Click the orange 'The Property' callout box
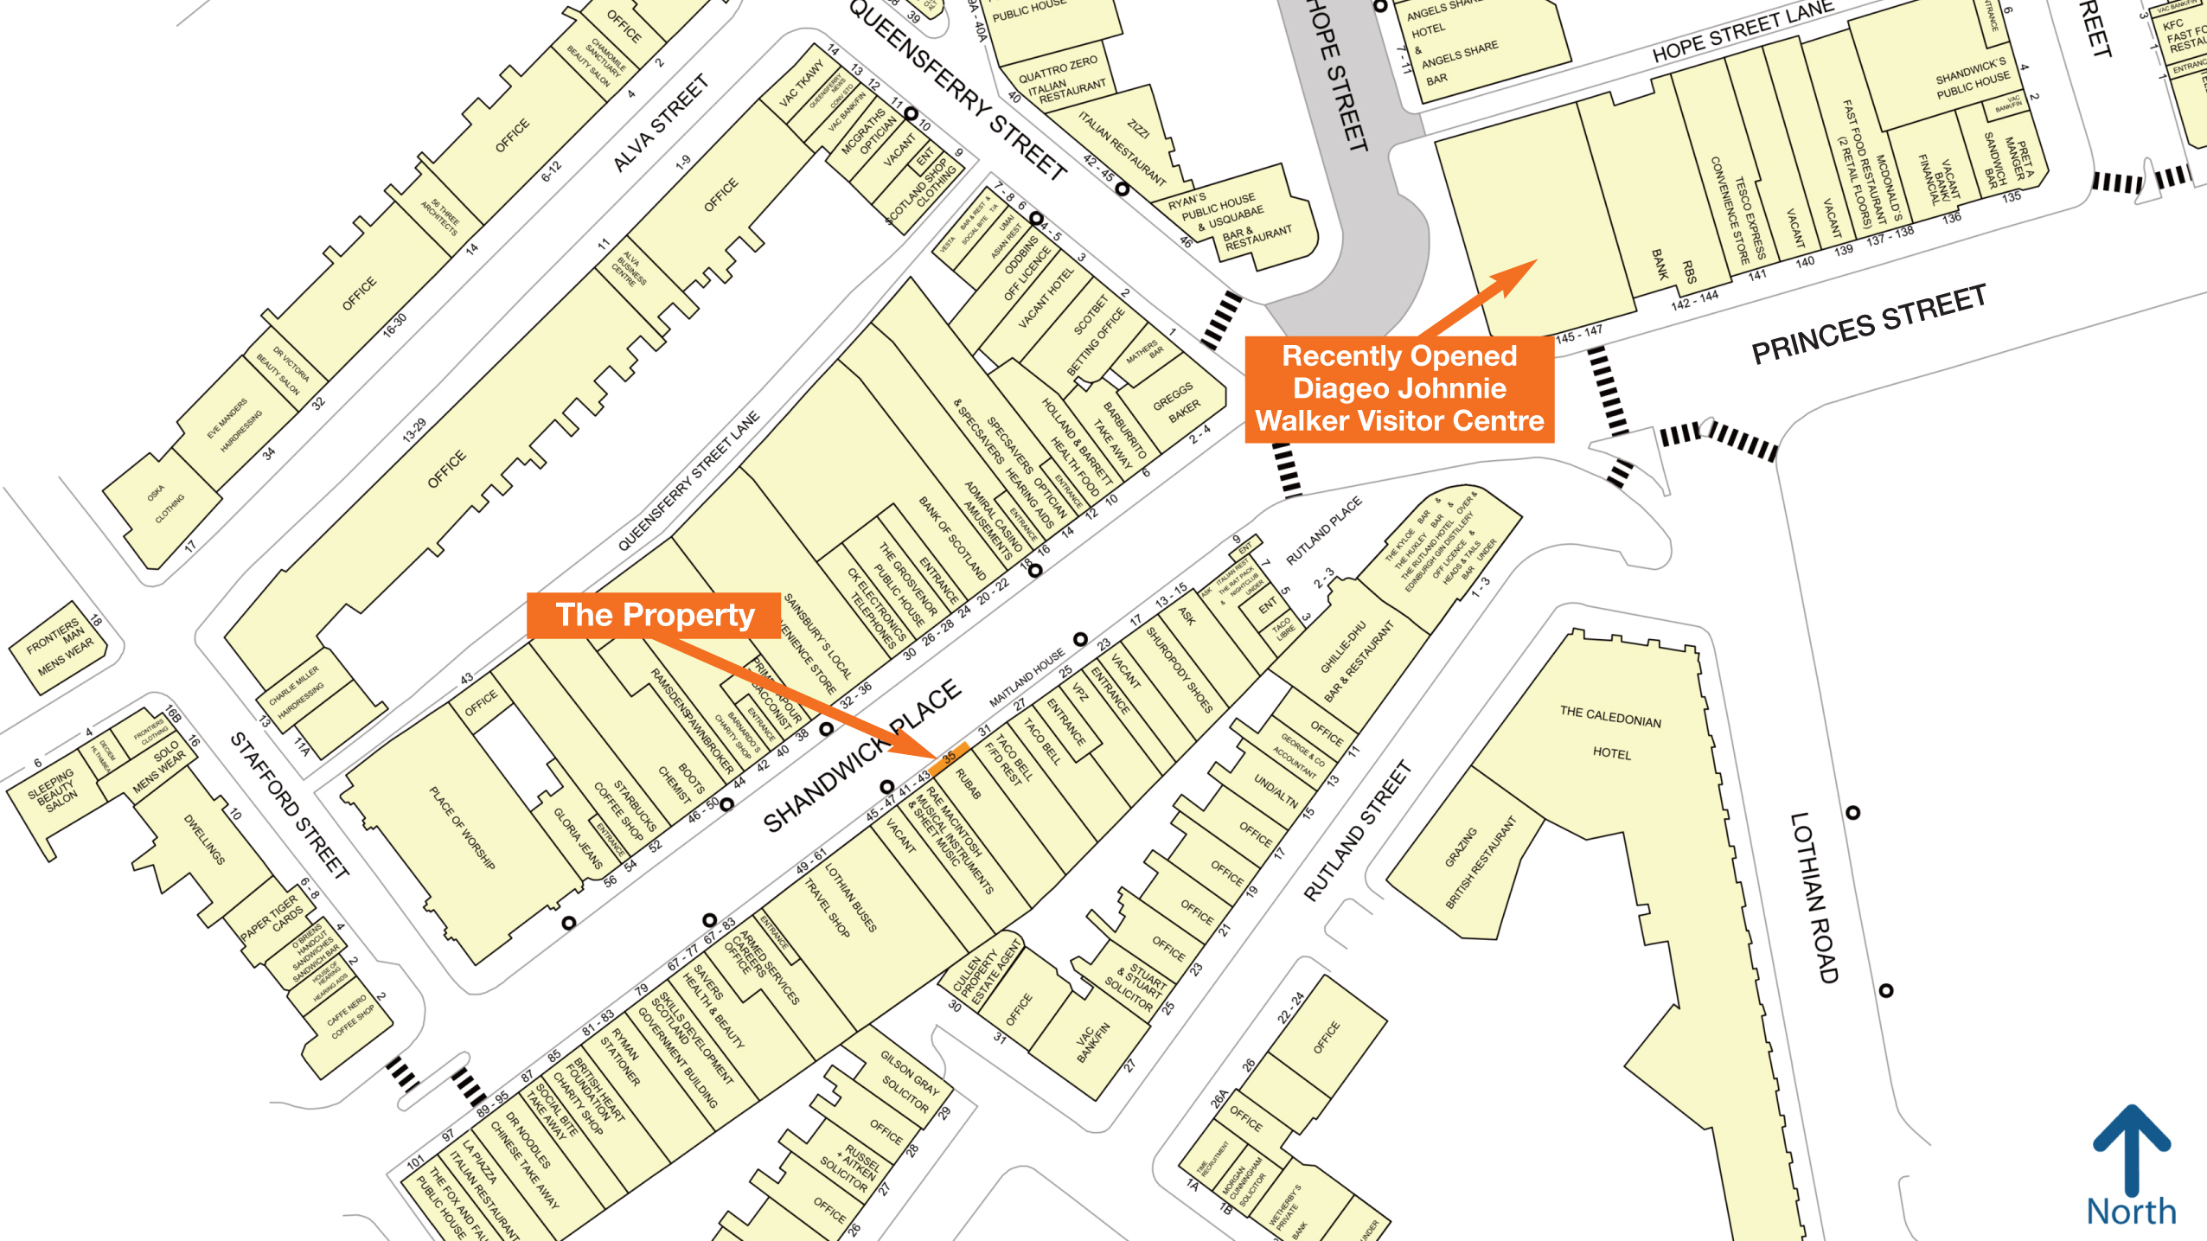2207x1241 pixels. [x=655, y=615]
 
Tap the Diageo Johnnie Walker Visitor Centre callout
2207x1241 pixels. [x=1398, y=389]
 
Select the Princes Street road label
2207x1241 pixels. [x=1868, y=325]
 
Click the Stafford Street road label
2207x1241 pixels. [x=290, y=805]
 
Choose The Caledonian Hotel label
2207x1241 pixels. [x=1610, y=732]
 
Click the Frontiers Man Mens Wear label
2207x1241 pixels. [x=59, y=648]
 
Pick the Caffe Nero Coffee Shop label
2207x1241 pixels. [x=351, y=1017]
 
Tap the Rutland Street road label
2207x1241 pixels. [x=1357, y=831]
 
